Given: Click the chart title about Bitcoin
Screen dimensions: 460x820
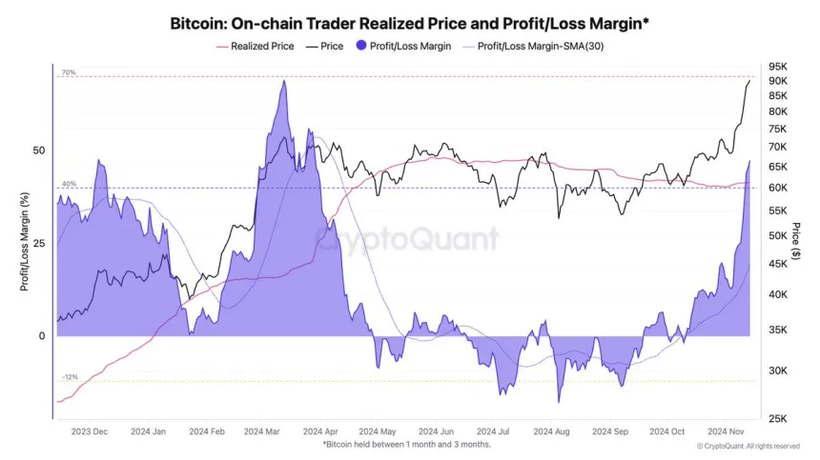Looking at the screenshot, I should click(409, 22).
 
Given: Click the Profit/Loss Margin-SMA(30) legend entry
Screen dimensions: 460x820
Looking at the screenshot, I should click(538, 45).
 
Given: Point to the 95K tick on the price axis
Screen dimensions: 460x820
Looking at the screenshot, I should click(779, 67).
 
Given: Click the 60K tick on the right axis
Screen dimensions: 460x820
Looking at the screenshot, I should click(779, 188).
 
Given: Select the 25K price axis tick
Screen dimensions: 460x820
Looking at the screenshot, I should click(779, 418).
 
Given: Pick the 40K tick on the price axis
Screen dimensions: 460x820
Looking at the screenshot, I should click(779, 295).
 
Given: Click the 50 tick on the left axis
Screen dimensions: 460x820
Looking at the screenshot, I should click(38, 150).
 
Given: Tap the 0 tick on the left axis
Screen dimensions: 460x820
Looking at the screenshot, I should click(41, 336).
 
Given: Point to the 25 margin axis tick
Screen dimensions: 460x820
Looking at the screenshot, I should click(38, 244).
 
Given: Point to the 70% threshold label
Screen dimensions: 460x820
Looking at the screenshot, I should click(69, 72).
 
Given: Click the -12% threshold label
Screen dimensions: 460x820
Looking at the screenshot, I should click(71, 377).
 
